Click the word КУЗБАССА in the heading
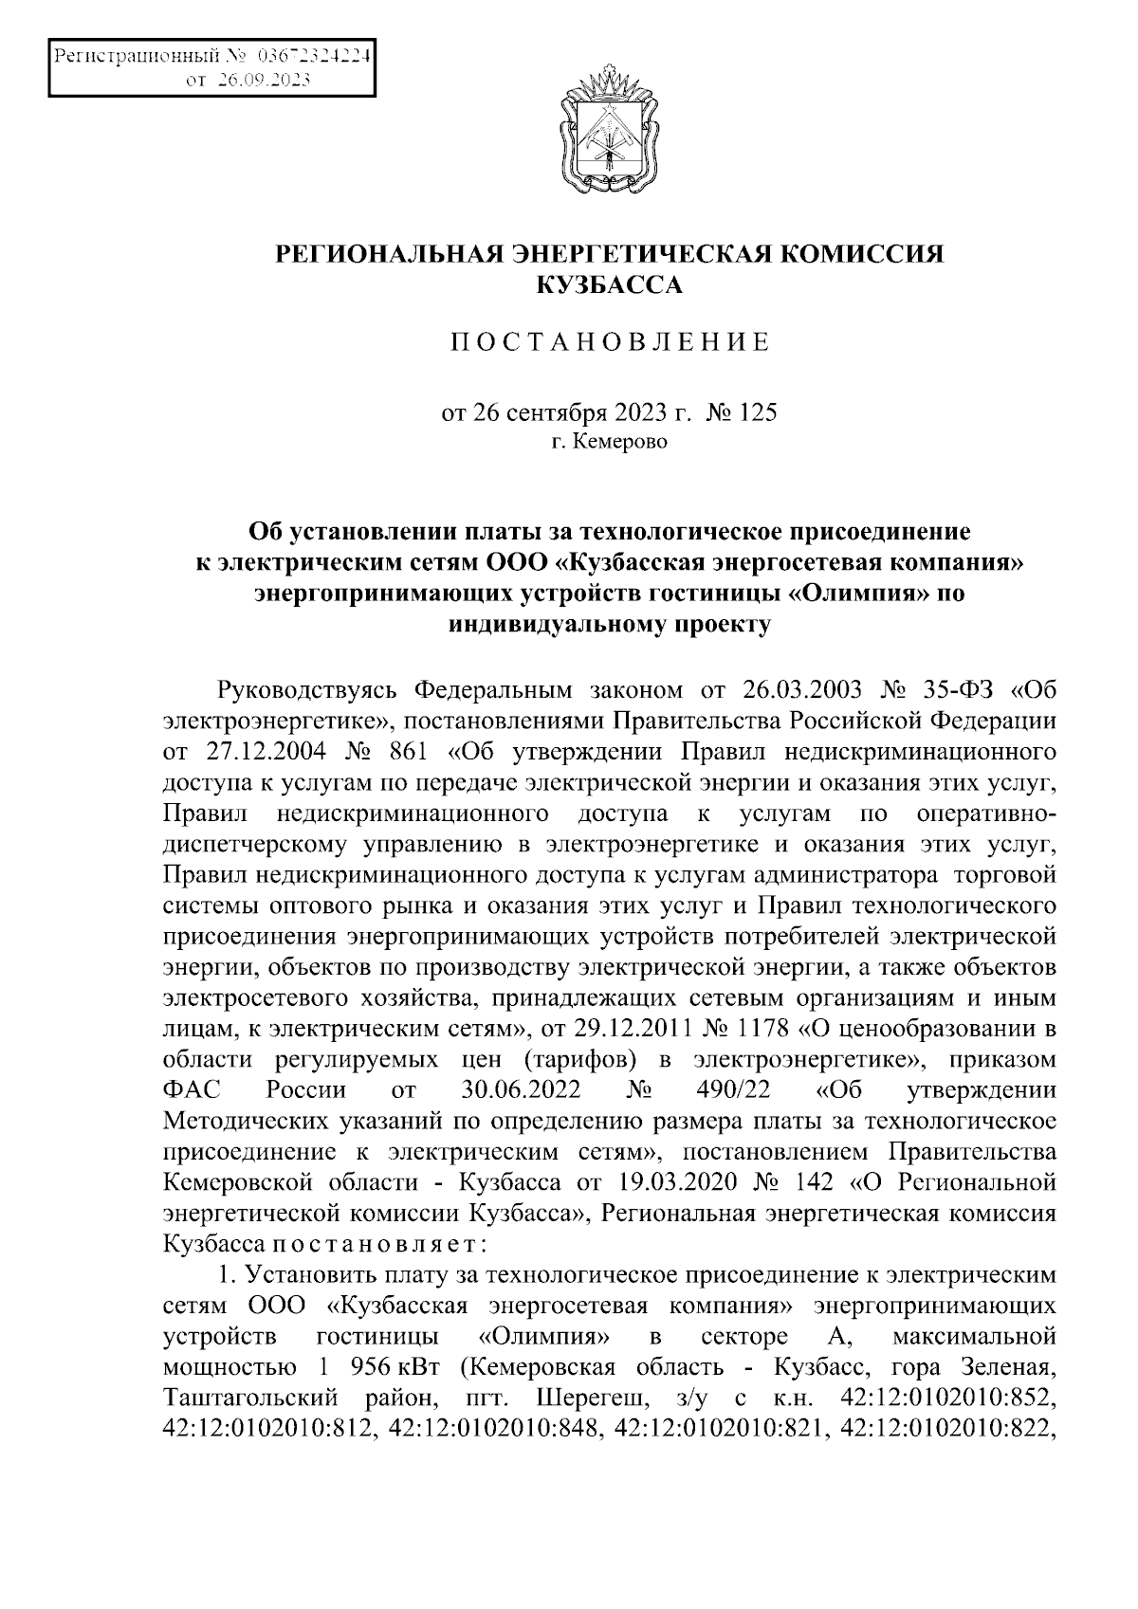tap(610, 283)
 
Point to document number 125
tap(757, 413)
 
